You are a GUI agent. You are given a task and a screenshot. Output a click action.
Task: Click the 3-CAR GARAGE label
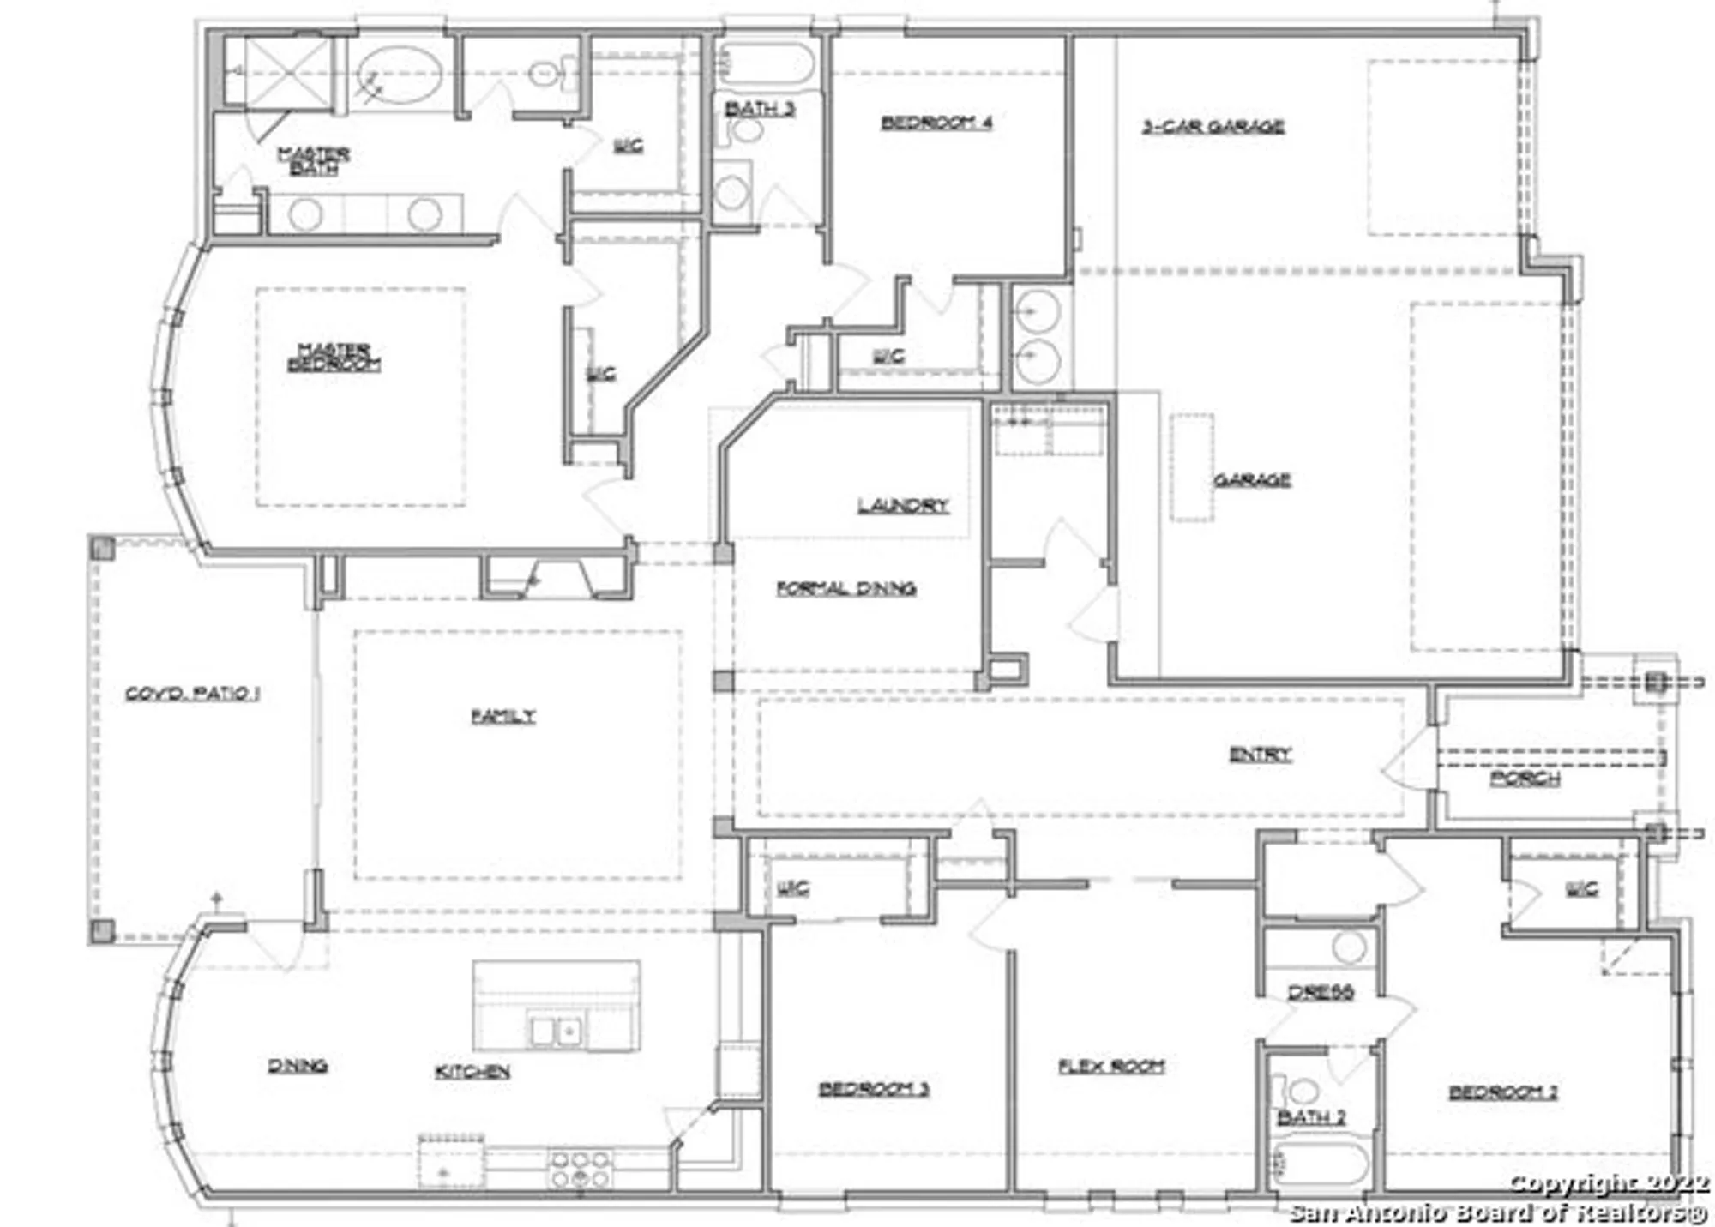1213,127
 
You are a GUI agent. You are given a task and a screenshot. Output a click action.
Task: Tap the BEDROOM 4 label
936,123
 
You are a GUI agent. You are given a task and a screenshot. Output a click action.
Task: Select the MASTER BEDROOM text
334,358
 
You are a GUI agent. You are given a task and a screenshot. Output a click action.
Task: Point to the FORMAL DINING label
845,588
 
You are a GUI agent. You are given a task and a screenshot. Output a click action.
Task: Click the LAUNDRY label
903,506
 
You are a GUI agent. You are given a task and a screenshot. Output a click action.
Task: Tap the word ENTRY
1260,755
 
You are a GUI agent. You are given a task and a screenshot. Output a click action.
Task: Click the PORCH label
1525,779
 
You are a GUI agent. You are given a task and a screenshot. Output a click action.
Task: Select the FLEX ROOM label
1111,1067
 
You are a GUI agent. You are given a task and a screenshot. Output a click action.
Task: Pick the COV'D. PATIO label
192,693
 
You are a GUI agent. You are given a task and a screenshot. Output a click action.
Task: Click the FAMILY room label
503,716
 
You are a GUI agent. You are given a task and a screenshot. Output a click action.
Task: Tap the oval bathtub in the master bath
400,75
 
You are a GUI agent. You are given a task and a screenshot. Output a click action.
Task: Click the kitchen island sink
556,1029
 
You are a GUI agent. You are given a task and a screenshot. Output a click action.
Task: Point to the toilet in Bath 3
744,130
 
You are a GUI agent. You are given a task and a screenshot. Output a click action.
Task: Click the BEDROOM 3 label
874,1089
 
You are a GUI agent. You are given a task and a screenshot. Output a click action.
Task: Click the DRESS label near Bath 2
1321,992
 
